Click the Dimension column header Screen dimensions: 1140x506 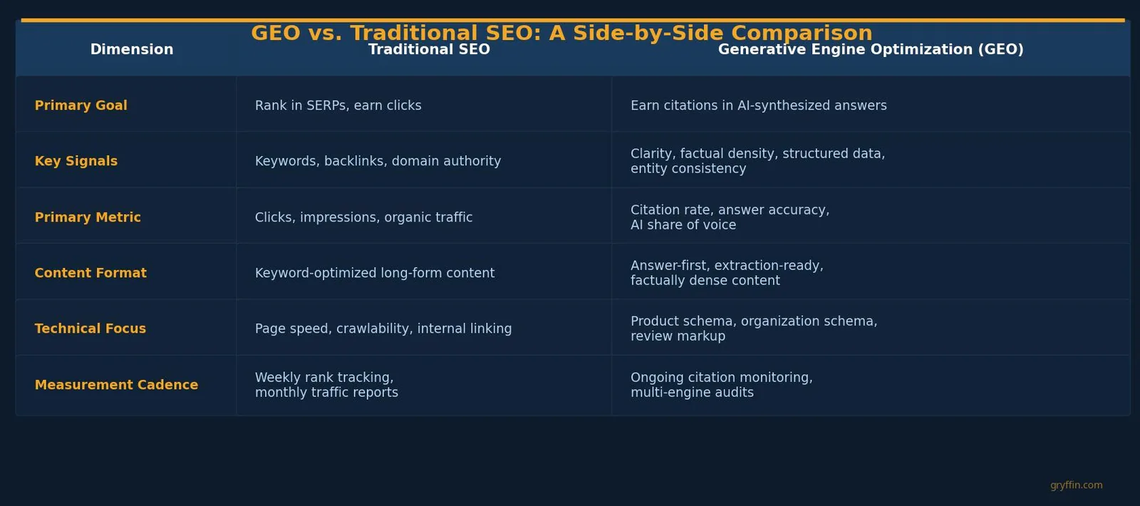[132, 49]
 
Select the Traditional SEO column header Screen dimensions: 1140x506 [429, 49]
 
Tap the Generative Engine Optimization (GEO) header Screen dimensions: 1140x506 [871, 49]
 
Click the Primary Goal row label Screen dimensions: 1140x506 [81, 105]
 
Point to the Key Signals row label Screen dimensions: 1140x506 [76, 161]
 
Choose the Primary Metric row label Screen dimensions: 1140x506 [88, 217]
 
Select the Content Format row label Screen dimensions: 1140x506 [90, 273]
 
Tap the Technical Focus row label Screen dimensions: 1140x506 [90, 329]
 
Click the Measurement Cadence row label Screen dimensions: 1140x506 [116, 385]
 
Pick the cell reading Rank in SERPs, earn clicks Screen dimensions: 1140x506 [338, 105]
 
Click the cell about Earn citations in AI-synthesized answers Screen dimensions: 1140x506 [758, 105]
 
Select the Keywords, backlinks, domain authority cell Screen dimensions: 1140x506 [378, 161]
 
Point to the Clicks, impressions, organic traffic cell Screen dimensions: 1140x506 [363, 217]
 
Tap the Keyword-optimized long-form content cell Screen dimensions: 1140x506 [375, 273]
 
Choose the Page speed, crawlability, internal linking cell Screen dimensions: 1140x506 [383, 329]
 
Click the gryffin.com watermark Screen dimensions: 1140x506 [1077, 485]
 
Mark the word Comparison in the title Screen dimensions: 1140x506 [802, 33]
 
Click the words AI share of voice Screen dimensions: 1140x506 [683, 225]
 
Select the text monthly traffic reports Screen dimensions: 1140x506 [326, 393]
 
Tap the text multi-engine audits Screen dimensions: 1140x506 [692, 393]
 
